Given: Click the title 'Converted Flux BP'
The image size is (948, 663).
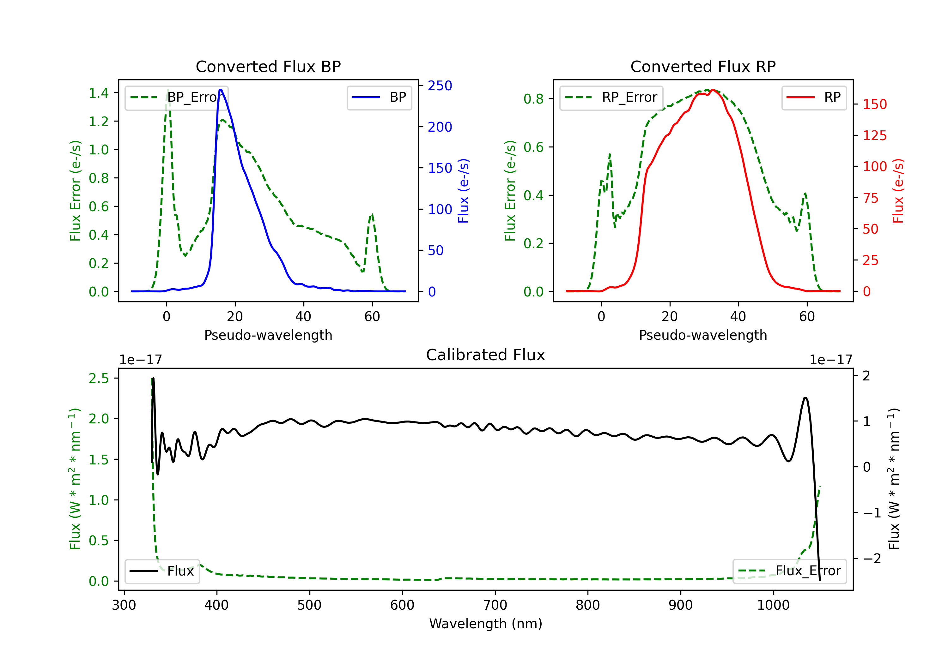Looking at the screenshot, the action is click(x=268, y=66).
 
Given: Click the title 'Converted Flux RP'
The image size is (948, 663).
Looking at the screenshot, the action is click(x=703, y=66).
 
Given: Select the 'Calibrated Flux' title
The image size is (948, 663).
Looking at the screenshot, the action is click(x=486, y=355).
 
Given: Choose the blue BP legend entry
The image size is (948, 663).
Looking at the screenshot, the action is click(x=379, y=97).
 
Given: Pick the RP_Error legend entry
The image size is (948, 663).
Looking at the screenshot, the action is click(x=611, y=97).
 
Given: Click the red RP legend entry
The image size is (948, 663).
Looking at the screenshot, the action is click(x=814, y=97).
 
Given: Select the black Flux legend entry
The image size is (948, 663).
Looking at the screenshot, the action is click(x=162, y=571).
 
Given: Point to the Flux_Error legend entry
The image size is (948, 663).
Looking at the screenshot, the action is click(x=789, y=571).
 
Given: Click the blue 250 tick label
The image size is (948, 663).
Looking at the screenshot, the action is click(x=440, y=86).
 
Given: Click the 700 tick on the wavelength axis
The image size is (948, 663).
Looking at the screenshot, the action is click(x=495, y=605).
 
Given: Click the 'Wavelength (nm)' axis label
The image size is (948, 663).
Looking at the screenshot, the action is click(x=486, y=624).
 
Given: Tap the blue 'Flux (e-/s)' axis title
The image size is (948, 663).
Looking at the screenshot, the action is click(x=463, y=191).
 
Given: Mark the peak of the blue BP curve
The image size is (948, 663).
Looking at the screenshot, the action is click(x=221, y=90).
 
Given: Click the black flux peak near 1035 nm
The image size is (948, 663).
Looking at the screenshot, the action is click(x=805, y=398).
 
